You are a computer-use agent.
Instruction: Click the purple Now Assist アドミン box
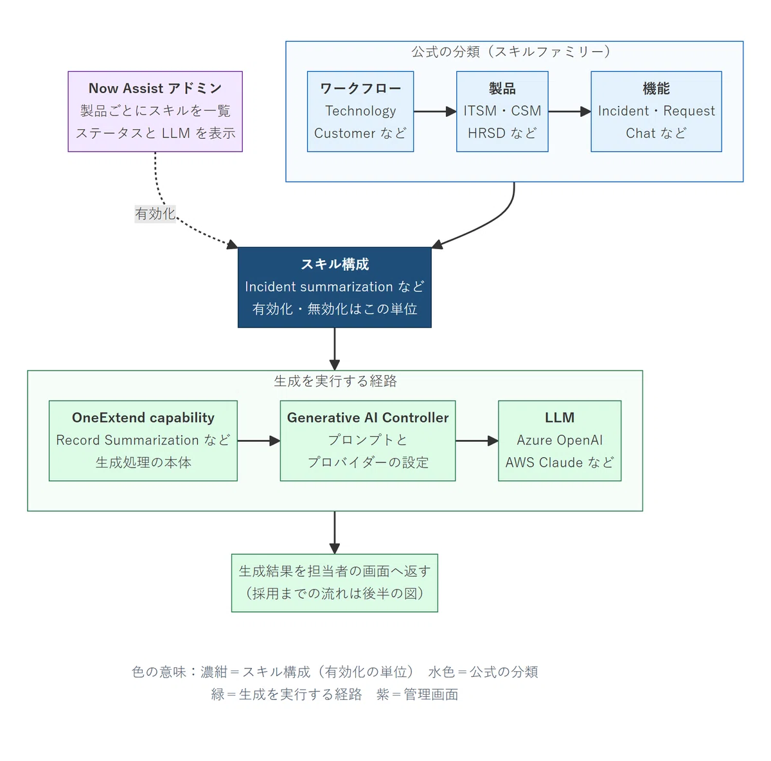155,112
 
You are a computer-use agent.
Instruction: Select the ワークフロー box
360,112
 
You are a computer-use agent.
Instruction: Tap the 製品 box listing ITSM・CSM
502,112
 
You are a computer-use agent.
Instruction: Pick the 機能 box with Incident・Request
656,112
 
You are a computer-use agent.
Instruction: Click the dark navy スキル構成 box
335,287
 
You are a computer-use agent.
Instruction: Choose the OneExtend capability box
143,441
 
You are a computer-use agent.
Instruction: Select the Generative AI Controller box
368,441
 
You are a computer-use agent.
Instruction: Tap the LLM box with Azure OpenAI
560,441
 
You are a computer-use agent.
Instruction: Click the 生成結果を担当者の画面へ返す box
335,582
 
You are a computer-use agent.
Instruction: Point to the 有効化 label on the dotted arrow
155,214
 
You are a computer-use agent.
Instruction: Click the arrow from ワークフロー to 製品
435,112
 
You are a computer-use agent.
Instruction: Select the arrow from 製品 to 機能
569,112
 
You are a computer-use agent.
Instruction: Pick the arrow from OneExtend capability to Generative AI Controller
259,441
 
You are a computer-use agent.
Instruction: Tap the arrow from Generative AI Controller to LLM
477,441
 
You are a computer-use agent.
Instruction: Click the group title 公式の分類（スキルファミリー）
511,51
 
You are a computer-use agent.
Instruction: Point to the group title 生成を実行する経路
335,381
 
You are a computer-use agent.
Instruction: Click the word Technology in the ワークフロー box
360,111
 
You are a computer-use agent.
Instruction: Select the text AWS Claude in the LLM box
538,462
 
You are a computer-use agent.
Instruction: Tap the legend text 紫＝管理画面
418,694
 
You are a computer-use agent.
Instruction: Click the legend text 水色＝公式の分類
483,672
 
